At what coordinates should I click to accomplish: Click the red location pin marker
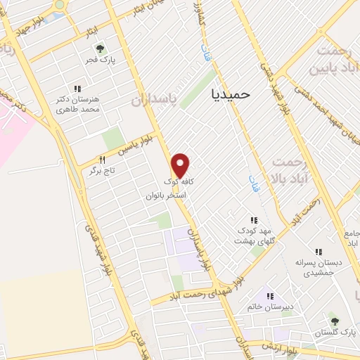pos(181,165)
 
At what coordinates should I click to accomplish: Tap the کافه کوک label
pos(182,181)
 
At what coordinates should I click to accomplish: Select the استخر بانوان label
pos(166,195)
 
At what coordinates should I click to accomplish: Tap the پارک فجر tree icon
pos(101,48)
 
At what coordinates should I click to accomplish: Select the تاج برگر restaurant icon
pos(102,160)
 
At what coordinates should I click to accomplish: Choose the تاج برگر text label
pos(101,171)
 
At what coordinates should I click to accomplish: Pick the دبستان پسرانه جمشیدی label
pos(319,266)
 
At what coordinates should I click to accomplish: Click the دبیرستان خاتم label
pos(269,307)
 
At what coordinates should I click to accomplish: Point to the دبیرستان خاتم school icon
pos(269,295)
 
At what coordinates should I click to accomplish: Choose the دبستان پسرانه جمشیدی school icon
pos(318,251)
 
